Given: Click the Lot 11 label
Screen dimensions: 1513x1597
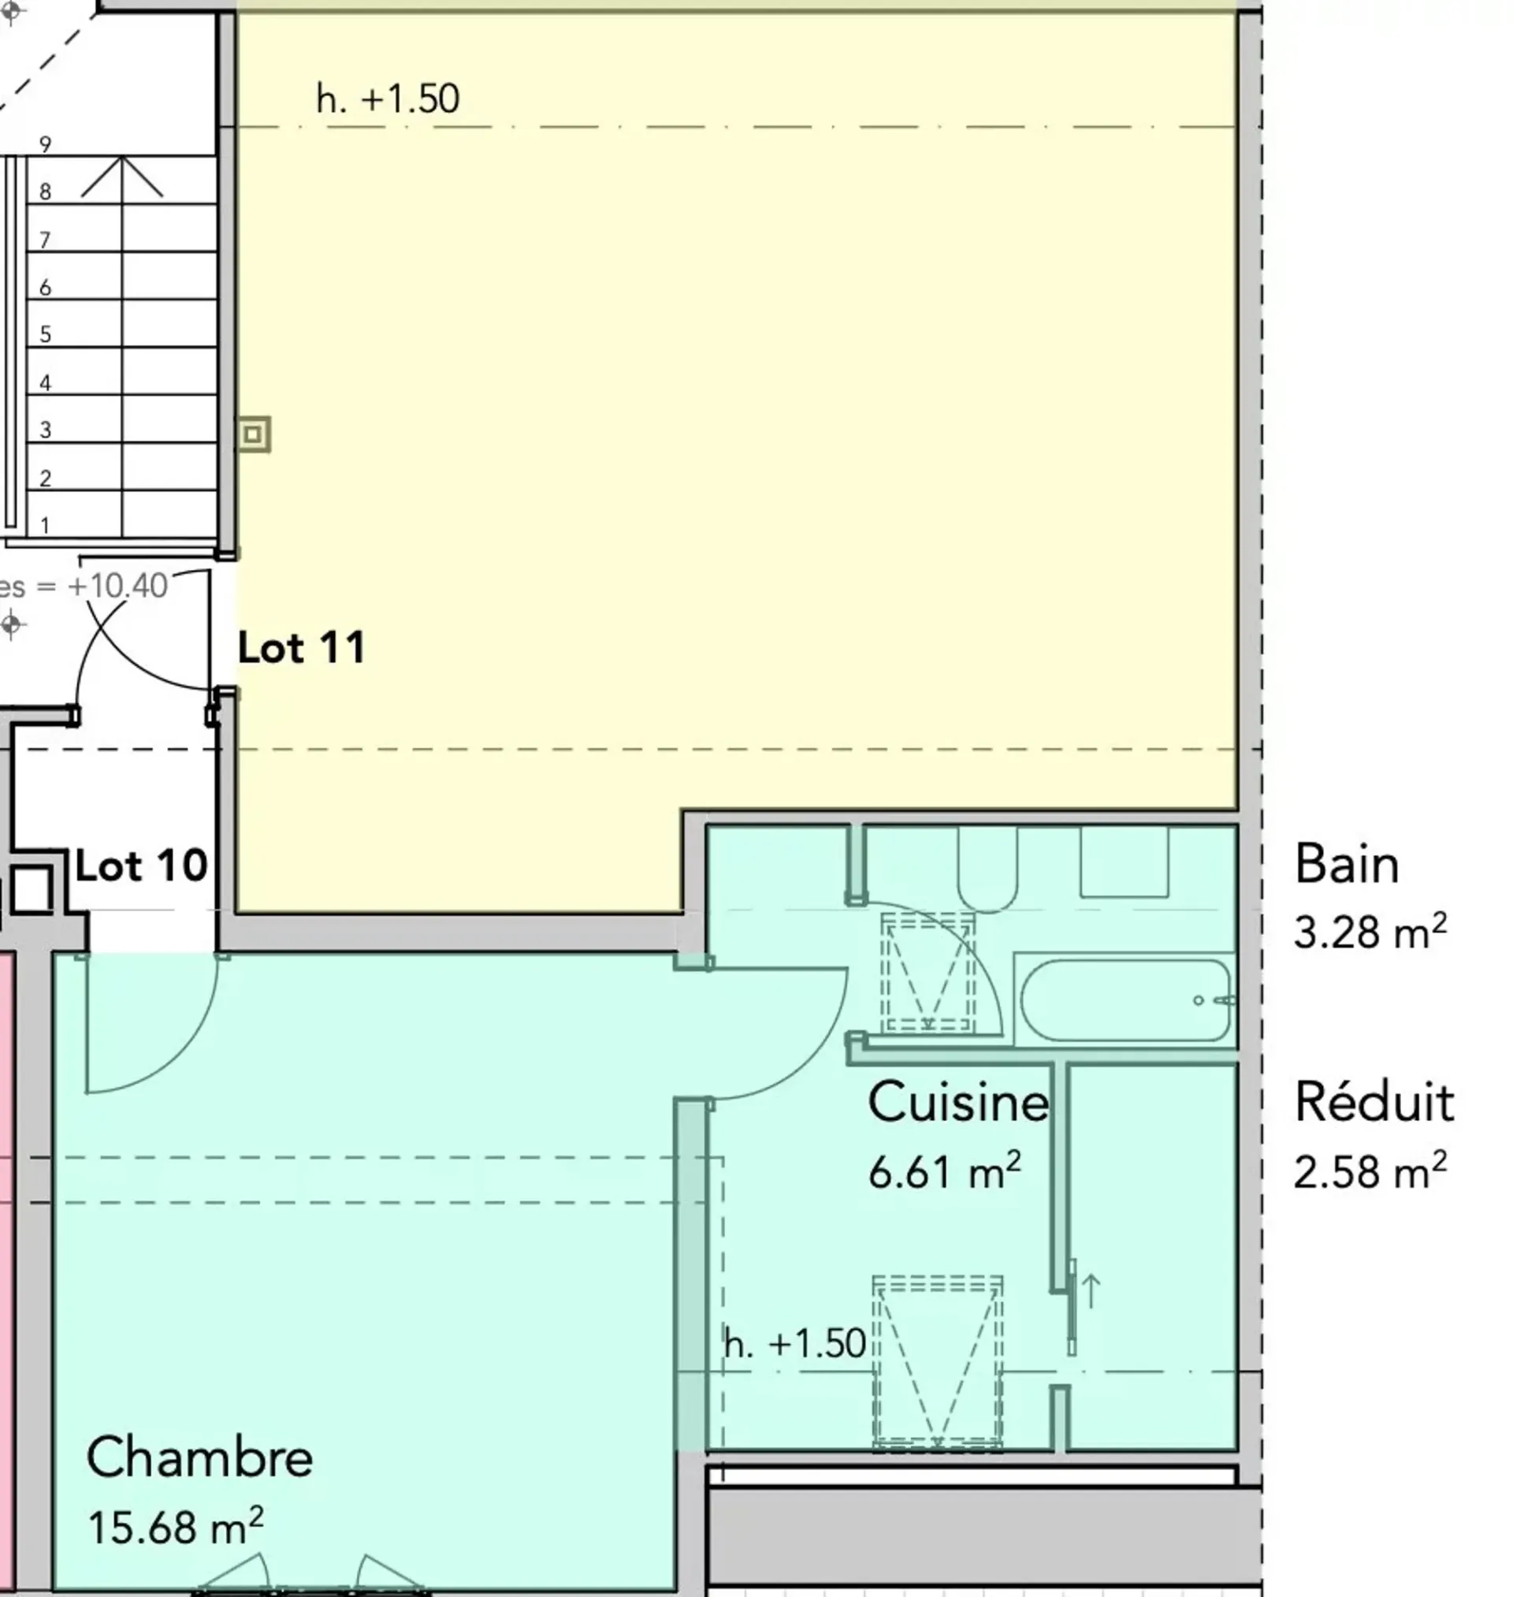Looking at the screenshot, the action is point(302,648).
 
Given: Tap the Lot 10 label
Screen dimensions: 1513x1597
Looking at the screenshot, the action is point(142,866).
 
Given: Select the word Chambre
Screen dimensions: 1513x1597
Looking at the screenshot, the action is point(199,1458).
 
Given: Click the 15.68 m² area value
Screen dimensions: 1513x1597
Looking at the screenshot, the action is point(175,1526).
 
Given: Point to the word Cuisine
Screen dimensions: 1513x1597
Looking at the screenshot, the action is point(958,1102).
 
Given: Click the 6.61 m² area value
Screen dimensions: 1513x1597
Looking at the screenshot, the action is point(944,1171).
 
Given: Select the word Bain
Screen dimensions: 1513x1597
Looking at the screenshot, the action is point(1346,865).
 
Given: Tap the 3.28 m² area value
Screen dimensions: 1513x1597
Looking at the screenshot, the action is point(1370,932).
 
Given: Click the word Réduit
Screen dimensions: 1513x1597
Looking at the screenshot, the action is point(1374,1102).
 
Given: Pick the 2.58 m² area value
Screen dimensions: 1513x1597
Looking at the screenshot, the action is point(1370,1171).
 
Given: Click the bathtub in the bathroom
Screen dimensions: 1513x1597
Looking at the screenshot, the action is point(1126,1000).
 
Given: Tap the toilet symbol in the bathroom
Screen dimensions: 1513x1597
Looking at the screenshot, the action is point(987,869).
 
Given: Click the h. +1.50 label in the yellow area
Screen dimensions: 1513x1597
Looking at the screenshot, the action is point(388,99).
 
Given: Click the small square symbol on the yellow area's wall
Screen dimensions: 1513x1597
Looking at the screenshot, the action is point(253,435).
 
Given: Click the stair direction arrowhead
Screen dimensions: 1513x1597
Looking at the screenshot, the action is point(122,177).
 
